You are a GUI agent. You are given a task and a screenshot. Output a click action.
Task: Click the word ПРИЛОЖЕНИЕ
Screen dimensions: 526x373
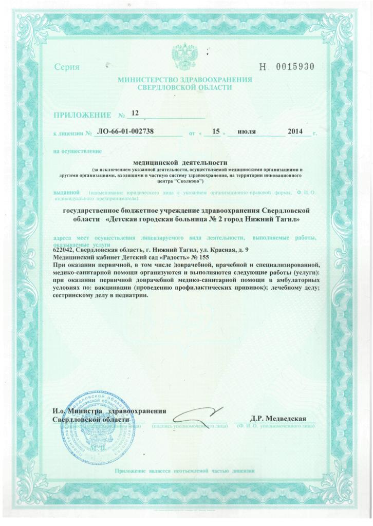[82, 114]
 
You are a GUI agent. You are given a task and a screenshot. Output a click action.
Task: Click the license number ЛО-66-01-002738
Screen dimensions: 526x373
[126, 132]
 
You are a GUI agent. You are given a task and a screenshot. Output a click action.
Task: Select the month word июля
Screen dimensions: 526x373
[247, 132]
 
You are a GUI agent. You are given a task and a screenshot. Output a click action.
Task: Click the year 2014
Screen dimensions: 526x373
[296, 132]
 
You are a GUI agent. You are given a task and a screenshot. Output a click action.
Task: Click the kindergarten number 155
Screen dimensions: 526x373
[195, 257]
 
